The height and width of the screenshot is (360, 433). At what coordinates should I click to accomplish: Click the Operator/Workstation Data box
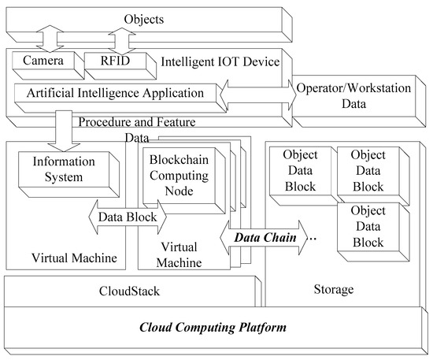click(355, 96)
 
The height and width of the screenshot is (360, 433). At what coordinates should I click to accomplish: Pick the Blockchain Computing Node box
click(182, 178)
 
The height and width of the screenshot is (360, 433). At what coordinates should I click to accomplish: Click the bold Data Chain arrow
click(261, 236)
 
